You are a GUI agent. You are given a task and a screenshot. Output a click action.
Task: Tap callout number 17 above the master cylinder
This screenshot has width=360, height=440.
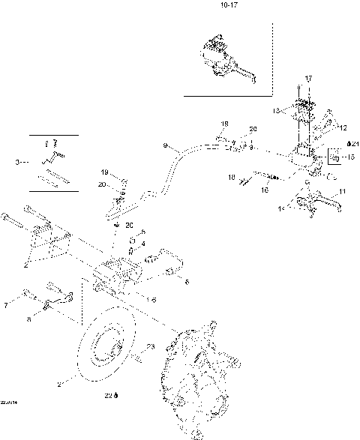(x=307, y=79)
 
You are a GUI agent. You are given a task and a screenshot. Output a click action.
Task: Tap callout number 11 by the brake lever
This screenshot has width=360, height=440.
(x=343, y=193)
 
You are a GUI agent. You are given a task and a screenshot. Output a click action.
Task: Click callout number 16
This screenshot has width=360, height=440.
(x=265, y=190)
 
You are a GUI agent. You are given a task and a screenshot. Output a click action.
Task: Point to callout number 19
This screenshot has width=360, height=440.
(x=104, y=172)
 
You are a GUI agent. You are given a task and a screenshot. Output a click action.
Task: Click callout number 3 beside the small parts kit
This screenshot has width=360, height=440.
(x=17, y=161)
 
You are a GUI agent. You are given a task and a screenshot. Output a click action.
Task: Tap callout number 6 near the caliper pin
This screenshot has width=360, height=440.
(x=187, y=282)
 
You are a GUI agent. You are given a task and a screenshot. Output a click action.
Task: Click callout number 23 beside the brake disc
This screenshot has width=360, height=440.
(x=150, y=346)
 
